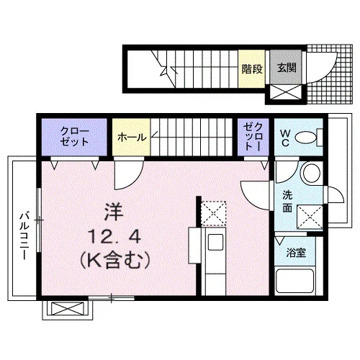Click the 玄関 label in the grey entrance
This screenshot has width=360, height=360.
pos(287,68)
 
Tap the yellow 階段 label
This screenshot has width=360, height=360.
pos(252,69)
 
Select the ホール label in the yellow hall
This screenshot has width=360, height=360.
pos(132,138)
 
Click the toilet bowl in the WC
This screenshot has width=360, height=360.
pos(305,138)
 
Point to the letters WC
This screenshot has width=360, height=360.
pos(285,138)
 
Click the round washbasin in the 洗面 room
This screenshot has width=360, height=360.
pos(312,173)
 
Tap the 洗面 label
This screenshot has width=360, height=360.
pos(287,201)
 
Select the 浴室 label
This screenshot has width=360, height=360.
pos(296,253)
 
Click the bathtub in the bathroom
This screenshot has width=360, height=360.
pos(295,281)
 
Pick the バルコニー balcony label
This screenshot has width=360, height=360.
pos(24,235)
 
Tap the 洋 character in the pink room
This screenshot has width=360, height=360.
pos(114,212)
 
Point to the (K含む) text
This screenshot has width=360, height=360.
pos(114,260)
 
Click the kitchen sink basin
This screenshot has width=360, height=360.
pos(215,243)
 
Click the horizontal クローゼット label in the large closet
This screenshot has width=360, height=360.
pos(74,137)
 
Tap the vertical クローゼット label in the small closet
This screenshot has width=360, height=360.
pos(253,137)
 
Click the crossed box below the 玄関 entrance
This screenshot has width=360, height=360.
pos(286,91)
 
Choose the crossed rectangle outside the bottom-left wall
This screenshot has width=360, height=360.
pos(68,309)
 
